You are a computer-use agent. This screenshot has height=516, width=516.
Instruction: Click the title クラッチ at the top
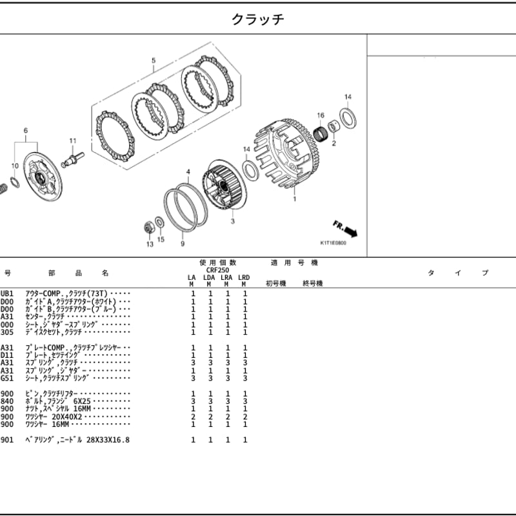(x=258, y=19)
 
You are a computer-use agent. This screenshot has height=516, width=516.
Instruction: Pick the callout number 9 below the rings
(x=183, y=244)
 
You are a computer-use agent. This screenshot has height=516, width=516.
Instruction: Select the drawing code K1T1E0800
(x=333, y=244)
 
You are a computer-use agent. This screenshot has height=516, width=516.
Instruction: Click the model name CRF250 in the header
(x=217, y=270)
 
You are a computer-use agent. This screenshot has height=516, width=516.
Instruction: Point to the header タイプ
(x=458, y=273)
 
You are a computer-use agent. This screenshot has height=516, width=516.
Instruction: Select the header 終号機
(x=313, y=284)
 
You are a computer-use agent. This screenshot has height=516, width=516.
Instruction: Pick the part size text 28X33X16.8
(x=105, y=440)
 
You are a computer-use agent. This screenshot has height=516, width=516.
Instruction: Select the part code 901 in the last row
(x=6, y=440)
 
